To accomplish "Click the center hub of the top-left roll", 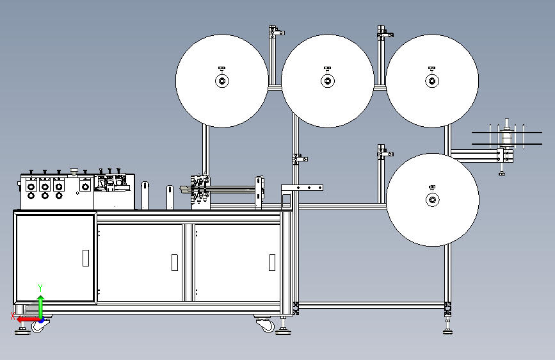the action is click(222, 81).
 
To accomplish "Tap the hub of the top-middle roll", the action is click(327, 81).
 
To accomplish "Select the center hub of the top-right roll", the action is click(432, 81).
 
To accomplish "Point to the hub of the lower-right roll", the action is click(432, 200).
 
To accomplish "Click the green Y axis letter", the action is click(40, 288).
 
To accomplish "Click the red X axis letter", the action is click(13, 316).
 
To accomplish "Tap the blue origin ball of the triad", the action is click(42, 320).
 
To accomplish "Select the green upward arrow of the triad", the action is click(41, 307).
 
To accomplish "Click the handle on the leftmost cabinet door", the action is click(86, 258).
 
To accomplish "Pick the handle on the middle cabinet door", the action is click(175, 263).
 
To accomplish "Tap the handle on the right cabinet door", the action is click(272, 263).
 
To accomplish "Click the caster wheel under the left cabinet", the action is click(39, 326).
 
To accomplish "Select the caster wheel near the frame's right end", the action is click(266, 325).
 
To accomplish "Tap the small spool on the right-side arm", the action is click(507, 136).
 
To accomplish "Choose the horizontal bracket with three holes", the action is click(302, 188).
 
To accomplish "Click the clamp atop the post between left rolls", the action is click(276, 32).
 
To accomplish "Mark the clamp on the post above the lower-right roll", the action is click(385, 152).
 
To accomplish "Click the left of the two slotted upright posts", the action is click(145, 195).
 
